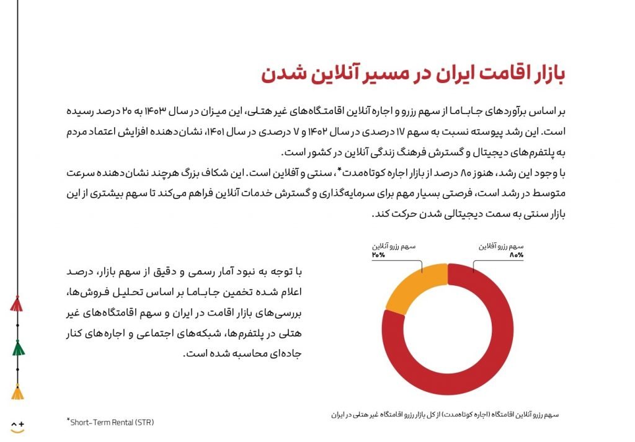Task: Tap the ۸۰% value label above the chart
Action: (x=516, y=255)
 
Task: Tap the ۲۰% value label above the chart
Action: (x=378, y=255)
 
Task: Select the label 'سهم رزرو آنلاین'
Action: (x=394, y=246)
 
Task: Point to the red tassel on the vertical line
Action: (x=17, y=304)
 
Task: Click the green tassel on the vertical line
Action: (x=18, y=348)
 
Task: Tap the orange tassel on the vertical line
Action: (x=18, y=392)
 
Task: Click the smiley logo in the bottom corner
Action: (x=17, y=427)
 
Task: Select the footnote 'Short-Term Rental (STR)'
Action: (x=110, y=423)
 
